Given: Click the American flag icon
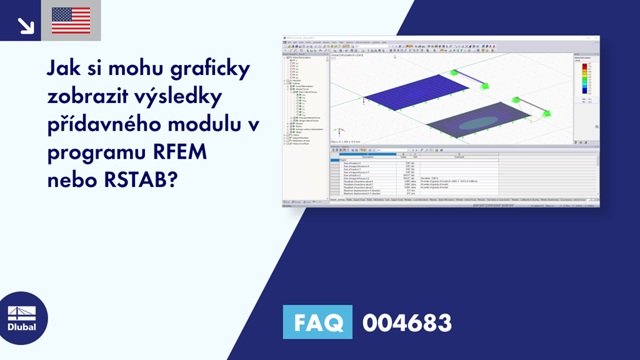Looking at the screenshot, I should click(71, 21).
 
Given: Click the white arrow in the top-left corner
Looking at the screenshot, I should click(25, 24).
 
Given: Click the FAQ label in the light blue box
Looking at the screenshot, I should click(318, 322).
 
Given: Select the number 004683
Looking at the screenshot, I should click(407, 322).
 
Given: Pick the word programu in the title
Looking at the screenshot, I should click(93, 152).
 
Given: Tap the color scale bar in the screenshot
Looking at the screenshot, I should click(584, 78).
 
